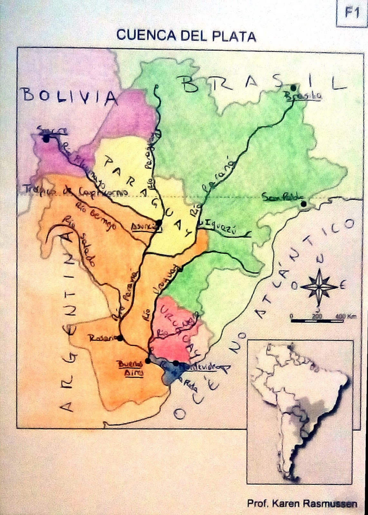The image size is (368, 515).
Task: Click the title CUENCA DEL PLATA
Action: pos(186,36)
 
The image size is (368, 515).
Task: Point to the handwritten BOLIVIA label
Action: pos(70,96)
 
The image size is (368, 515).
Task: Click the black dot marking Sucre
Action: pos(46,139)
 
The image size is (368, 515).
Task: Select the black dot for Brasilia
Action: pos(293,88)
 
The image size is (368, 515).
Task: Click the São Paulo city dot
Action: pos(303,204)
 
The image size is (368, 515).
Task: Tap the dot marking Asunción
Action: pos(158,222)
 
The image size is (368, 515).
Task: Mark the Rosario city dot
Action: pos(120,338)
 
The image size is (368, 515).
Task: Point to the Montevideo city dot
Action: pos(176,363)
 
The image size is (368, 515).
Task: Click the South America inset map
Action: pos(300,412)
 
